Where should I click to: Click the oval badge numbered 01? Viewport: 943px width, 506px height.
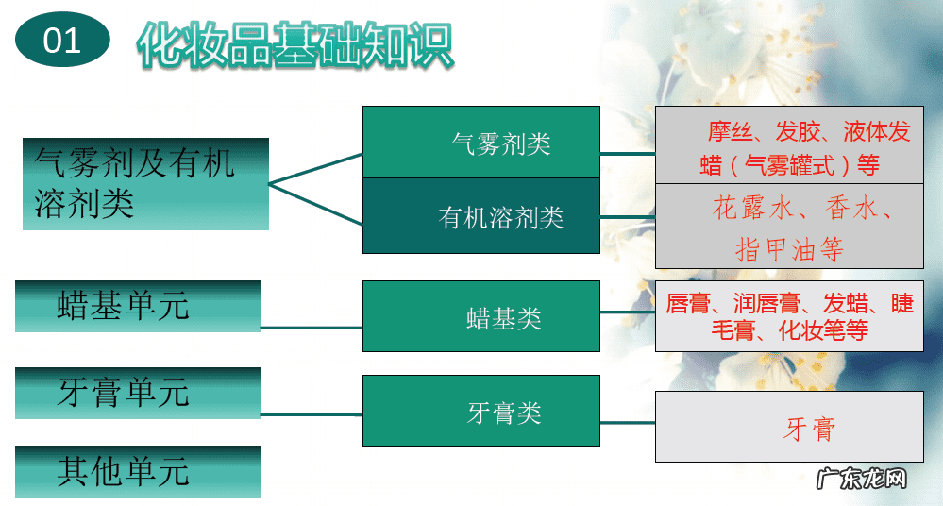(x=63, y=40)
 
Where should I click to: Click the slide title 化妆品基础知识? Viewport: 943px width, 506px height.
(x=295, y=43)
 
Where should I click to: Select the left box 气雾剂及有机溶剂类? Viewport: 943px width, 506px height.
(x=145, y=183)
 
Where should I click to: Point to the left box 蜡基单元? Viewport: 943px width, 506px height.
(x=138, y=306)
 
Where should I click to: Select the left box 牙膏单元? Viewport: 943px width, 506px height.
(x=138, y=393)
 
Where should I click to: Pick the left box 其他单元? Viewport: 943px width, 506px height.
(x=138, y=471)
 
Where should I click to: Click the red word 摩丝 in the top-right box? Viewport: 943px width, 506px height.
(x=728, y=131)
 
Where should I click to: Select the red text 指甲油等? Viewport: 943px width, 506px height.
(x=789, y=249)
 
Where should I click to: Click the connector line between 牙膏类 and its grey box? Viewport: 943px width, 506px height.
(x=628, y=422)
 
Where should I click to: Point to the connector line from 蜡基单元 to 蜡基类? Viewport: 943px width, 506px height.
(x=312, y=328)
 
